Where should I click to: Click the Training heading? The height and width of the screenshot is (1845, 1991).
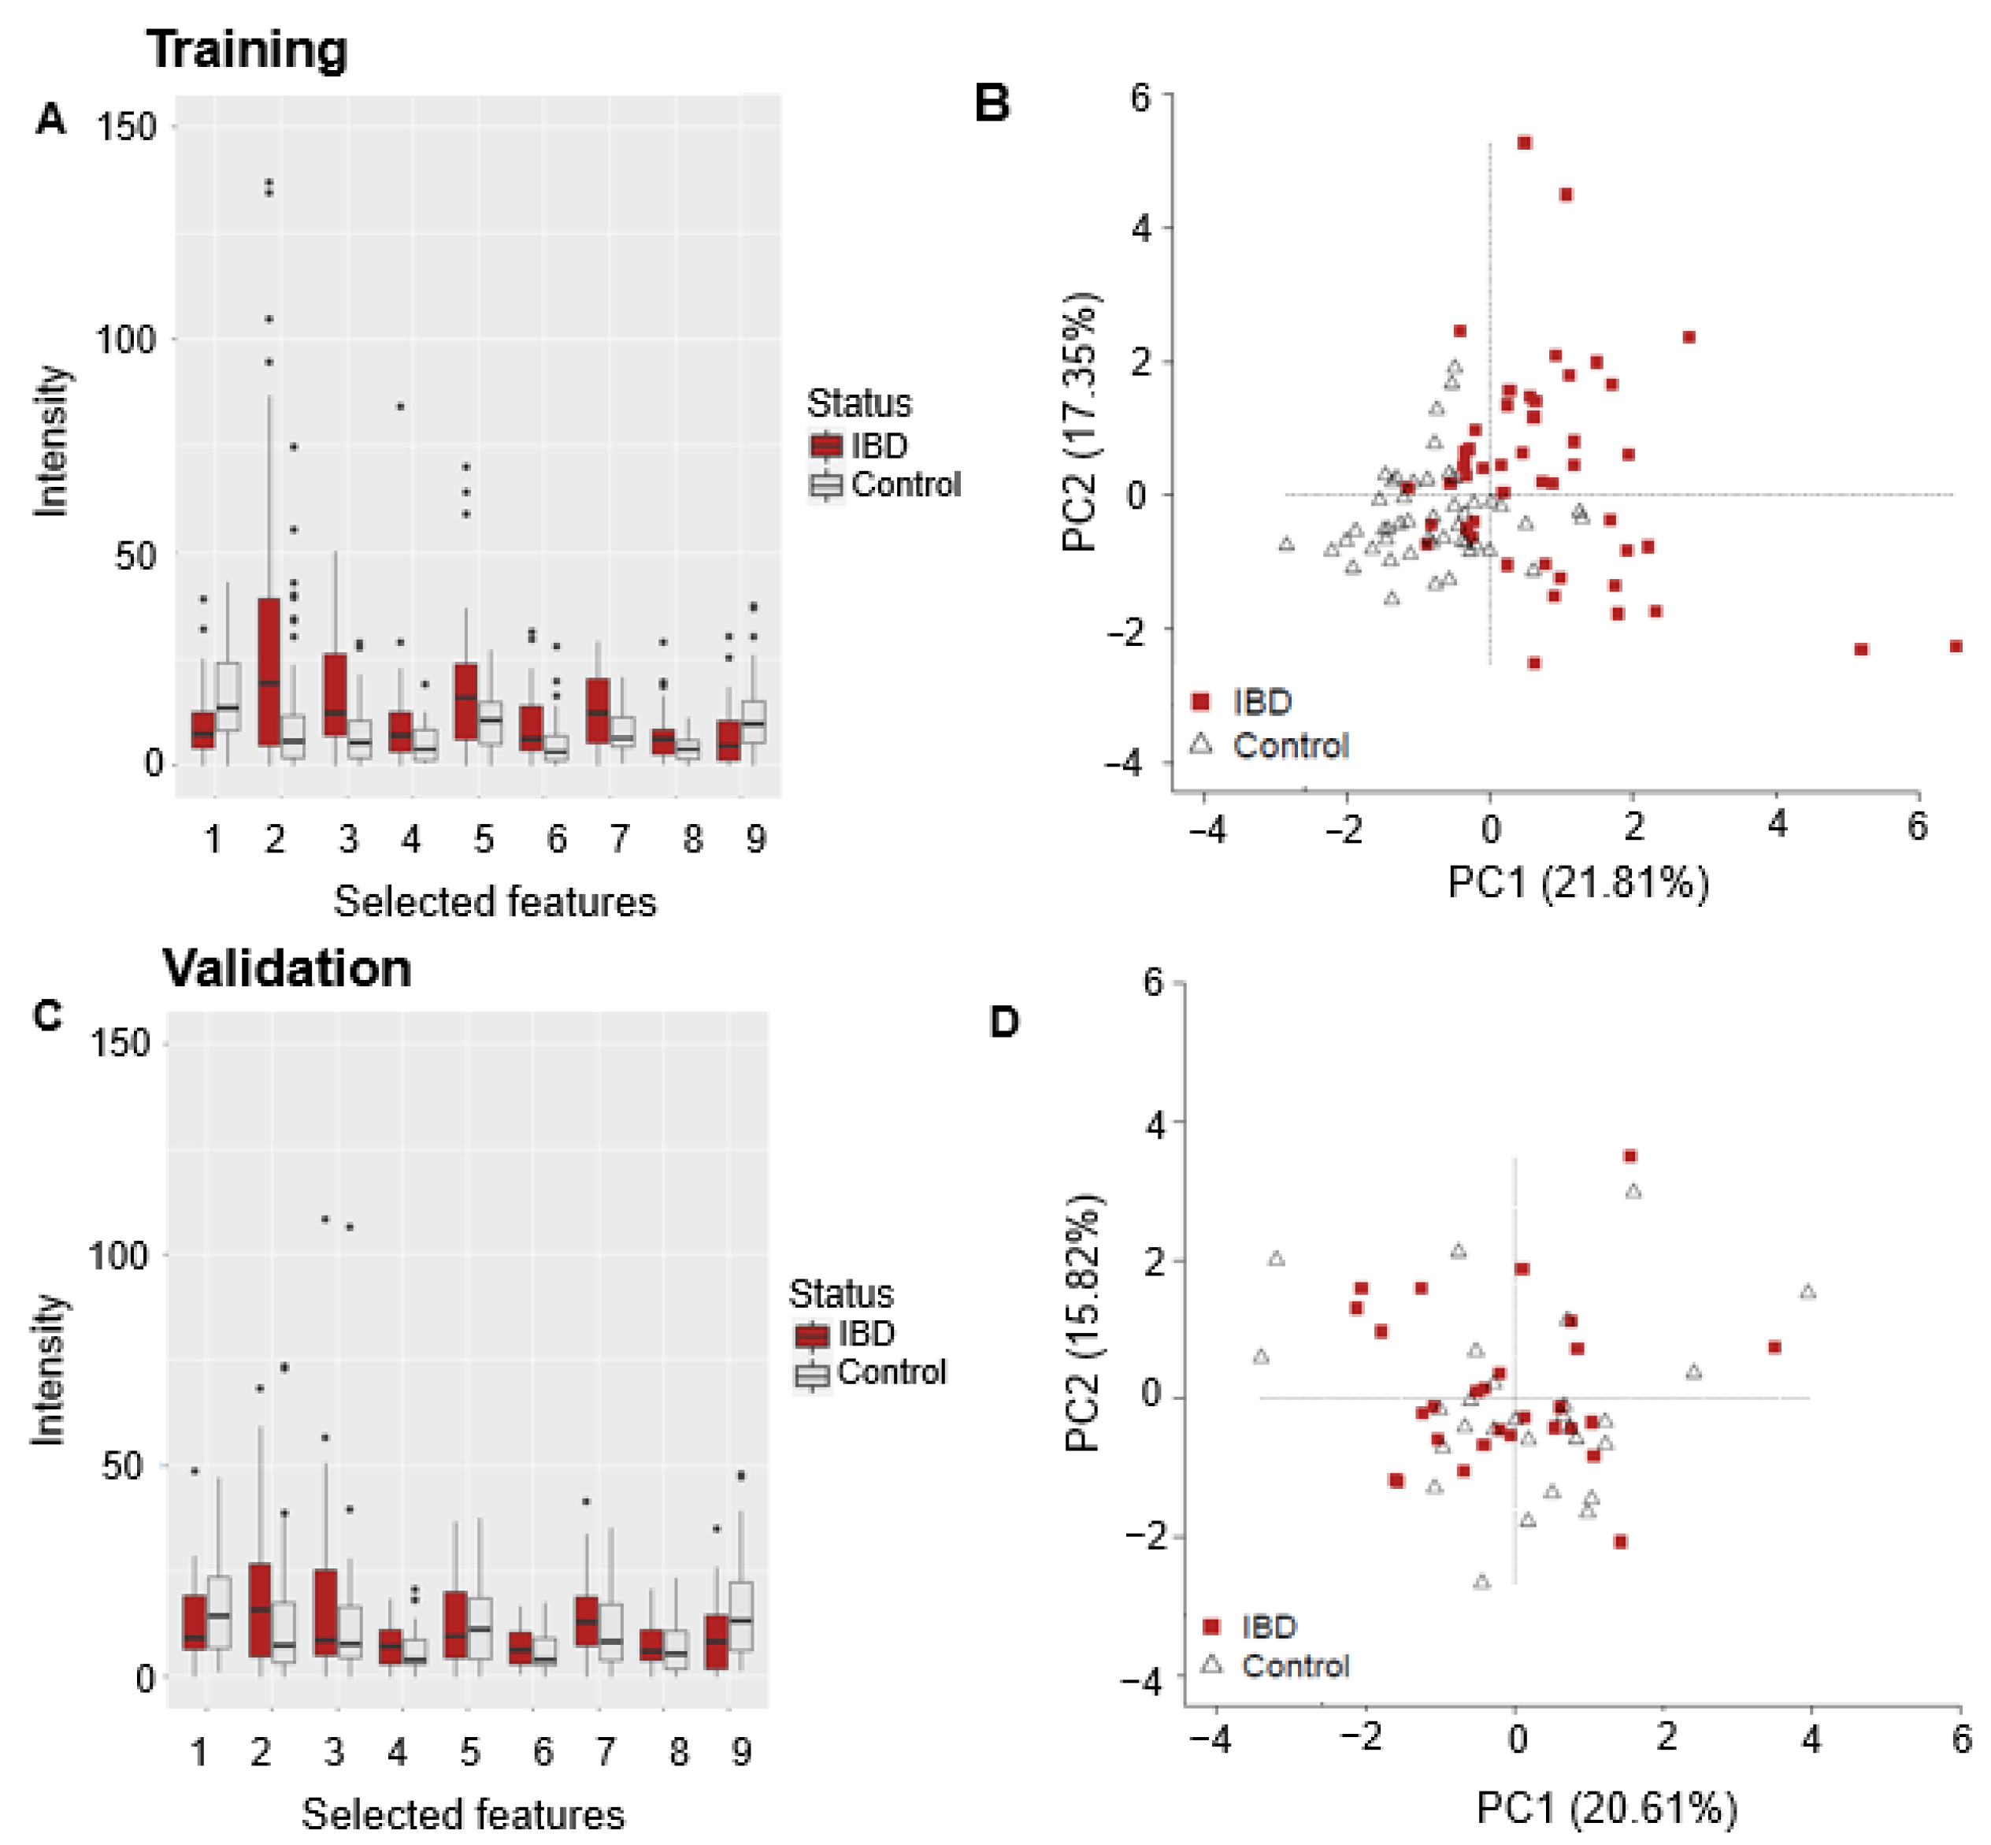click(247, 50)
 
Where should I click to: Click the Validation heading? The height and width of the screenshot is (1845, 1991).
click(287, 968)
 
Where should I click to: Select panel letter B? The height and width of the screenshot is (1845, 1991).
click(992, 104)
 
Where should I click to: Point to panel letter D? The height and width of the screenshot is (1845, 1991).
click(1004, 1021)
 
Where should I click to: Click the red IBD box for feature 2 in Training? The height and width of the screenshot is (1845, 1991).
click(269, 671)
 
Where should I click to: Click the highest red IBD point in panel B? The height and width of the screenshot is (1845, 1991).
click(1524, 143)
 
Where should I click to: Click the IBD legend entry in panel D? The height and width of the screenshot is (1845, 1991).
click(1249, 1626)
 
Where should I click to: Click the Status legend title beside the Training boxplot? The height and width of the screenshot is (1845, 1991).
click(859, 403)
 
